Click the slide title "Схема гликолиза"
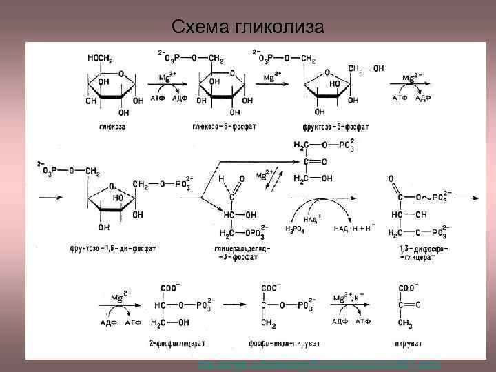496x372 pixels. (x=248, y=27)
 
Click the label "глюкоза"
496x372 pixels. (x=112, y=127)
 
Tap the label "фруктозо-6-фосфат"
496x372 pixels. (x=335, y=127)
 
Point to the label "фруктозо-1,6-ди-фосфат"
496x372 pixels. (x=113, y=248)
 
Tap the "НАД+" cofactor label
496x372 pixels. (x=313, y=218)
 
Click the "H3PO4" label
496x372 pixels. (x=295, y=229)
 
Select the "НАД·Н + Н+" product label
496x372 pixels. (x=353, y=228)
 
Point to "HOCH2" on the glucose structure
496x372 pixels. (x=101, y=59)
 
